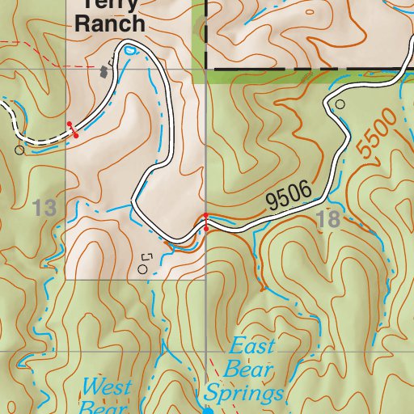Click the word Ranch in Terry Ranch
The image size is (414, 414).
tap(110, 23)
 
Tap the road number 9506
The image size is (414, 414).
tap(289, 197)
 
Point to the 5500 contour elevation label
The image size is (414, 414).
tap(377, 133)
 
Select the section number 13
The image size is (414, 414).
tap(45, 209)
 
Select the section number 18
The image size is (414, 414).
tap(330, 219)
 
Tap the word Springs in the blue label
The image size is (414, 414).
tap(243, 394)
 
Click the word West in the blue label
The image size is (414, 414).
tap(107, 387)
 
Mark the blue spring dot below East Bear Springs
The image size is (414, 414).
tap(207, 411)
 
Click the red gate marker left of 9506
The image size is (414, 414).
tap(206, 222)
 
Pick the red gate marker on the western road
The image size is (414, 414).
tap(72, 129)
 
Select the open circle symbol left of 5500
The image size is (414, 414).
tap(340, 104)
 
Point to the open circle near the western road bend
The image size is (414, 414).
tap(19, 150)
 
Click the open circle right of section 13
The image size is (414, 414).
tap(143, 269)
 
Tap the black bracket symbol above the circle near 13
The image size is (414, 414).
tap(146, 256)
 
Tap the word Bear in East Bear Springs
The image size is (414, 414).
tap(240, 370)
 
